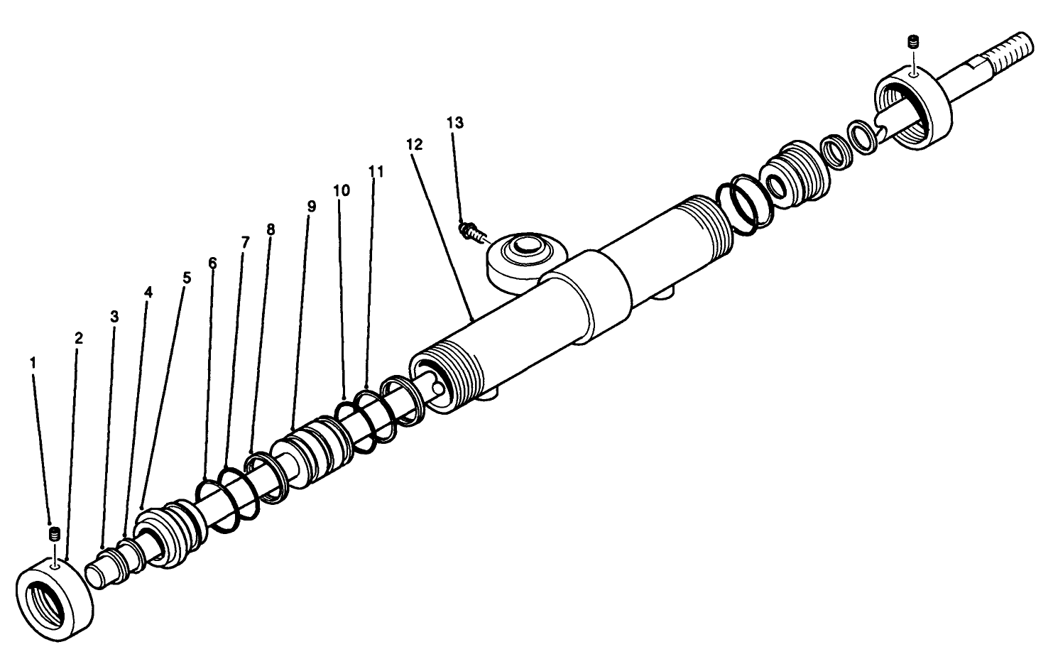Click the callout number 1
pos(33,362)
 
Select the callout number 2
pos(79,338)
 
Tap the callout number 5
pos(187,277)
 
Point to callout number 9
pos(312,206)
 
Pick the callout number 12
pos(415,144)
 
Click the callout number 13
pos(455,122)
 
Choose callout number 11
pos(376,171)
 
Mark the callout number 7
pos(246,242)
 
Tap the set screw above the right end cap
pos(915,41)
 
